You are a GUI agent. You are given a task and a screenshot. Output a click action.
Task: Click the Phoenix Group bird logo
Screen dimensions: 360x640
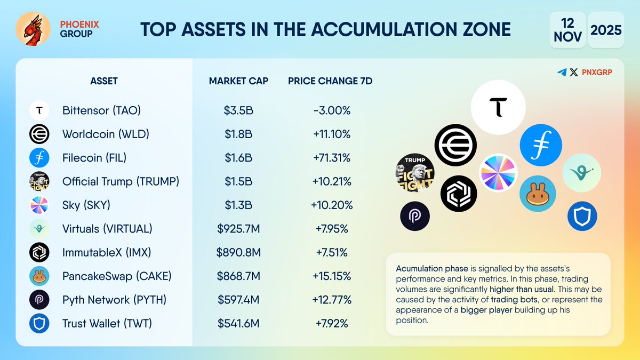[x=34, y=29]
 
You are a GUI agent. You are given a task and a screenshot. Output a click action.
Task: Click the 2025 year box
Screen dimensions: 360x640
[x=606, y=29]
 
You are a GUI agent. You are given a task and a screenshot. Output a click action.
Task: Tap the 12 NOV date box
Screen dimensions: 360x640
[x=567, y=29]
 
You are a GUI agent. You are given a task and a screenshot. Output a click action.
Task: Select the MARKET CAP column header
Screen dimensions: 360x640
[x=238, y=81]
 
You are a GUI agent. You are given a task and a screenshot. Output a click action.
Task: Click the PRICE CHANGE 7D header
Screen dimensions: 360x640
[x=330, y=81]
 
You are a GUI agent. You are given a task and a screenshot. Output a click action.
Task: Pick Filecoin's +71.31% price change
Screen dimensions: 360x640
[x=332, y=158]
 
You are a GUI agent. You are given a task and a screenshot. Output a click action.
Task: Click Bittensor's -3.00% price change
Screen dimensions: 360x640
[x=332, y=110]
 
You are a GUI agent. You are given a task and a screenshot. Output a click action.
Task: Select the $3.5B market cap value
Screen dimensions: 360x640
[x=238, y=110]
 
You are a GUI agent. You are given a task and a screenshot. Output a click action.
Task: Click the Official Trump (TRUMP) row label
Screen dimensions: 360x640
[x=121, y=181]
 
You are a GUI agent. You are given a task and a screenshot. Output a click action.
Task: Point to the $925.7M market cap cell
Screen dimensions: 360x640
[x=238, y=229]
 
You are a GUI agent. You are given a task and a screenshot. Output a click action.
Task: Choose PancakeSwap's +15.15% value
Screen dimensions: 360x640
[x=332, y=276]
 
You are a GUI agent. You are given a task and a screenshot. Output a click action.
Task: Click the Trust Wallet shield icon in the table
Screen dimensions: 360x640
[x=39, y=324]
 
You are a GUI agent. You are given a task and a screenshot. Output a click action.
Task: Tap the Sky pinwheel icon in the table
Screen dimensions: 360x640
[x=39, y=205]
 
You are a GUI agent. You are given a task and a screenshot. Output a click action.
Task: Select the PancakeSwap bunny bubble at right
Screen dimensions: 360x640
[x=538, y=194]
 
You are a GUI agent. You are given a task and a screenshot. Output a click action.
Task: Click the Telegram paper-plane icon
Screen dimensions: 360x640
[x=562, y=73]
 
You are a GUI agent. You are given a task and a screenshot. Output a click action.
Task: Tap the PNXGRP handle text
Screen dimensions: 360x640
[x=597, y=73]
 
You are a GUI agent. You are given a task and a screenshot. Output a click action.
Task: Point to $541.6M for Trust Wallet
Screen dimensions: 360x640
[x=238, y=324]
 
